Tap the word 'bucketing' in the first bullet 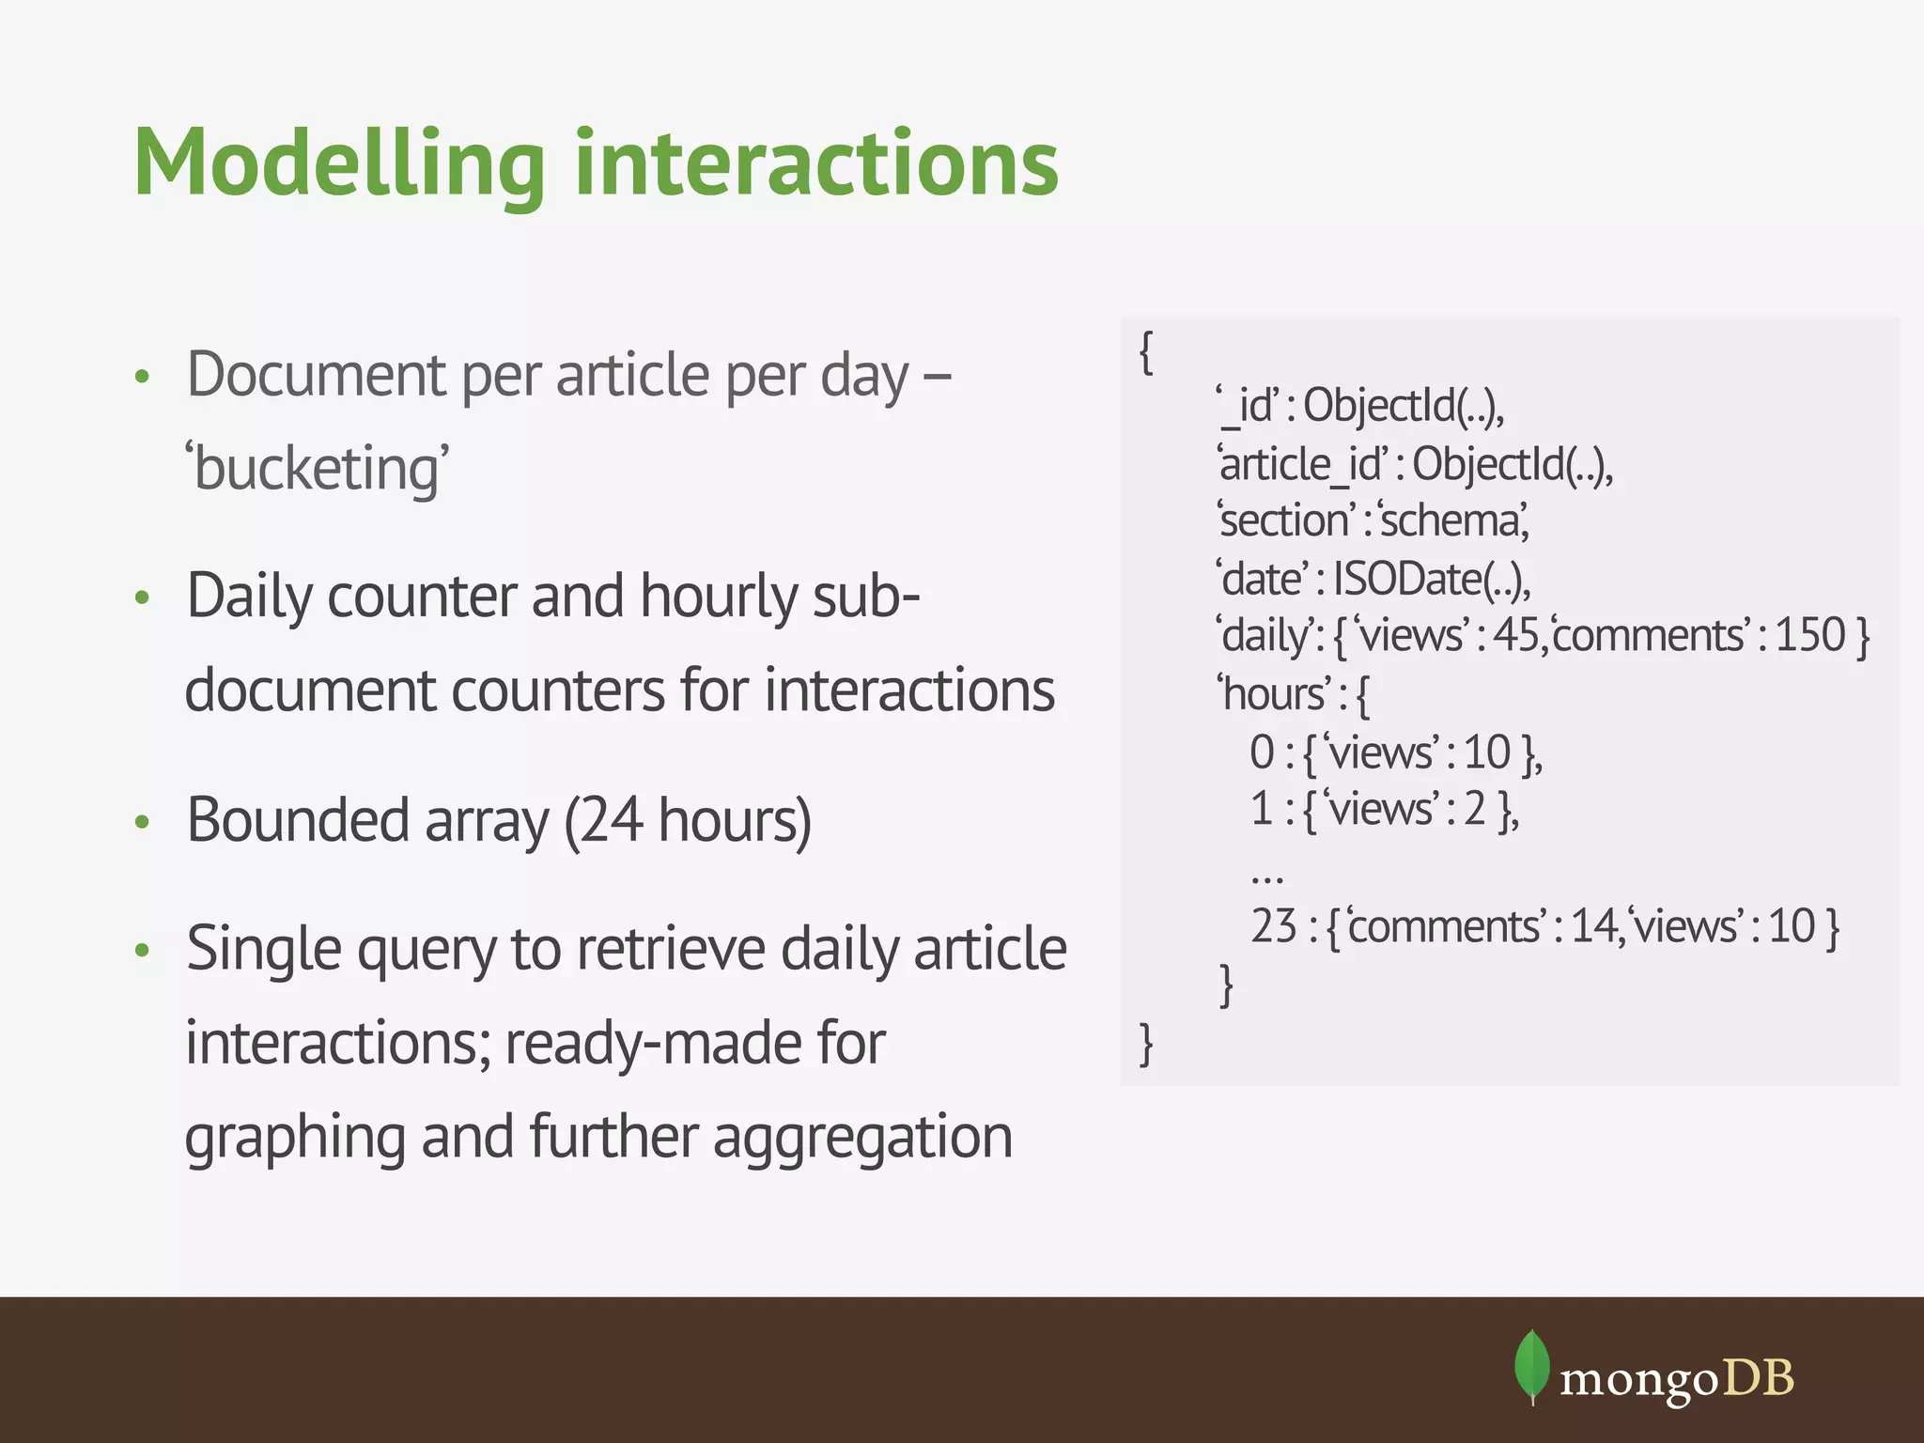pos(318,467)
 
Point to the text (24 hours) pos(687,819)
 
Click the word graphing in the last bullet pos(295,1138)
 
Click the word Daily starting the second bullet pos(249,597)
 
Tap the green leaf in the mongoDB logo pos(1531,1365)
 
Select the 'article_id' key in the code pos(1302,463)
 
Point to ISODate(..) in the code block pos(1430,579)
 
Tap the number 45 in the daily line pos(1515,635)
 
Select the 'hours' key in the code pos(1273,694)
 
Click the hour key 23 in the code pos(1273,926)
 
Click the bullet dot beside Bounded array pos(143,822)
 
